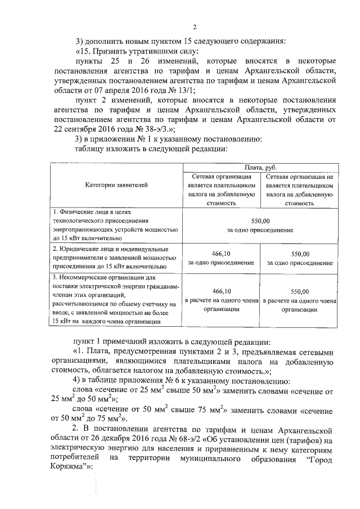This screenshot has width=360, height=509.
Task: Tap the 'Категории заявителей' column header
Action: click(x=116, y=184)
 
